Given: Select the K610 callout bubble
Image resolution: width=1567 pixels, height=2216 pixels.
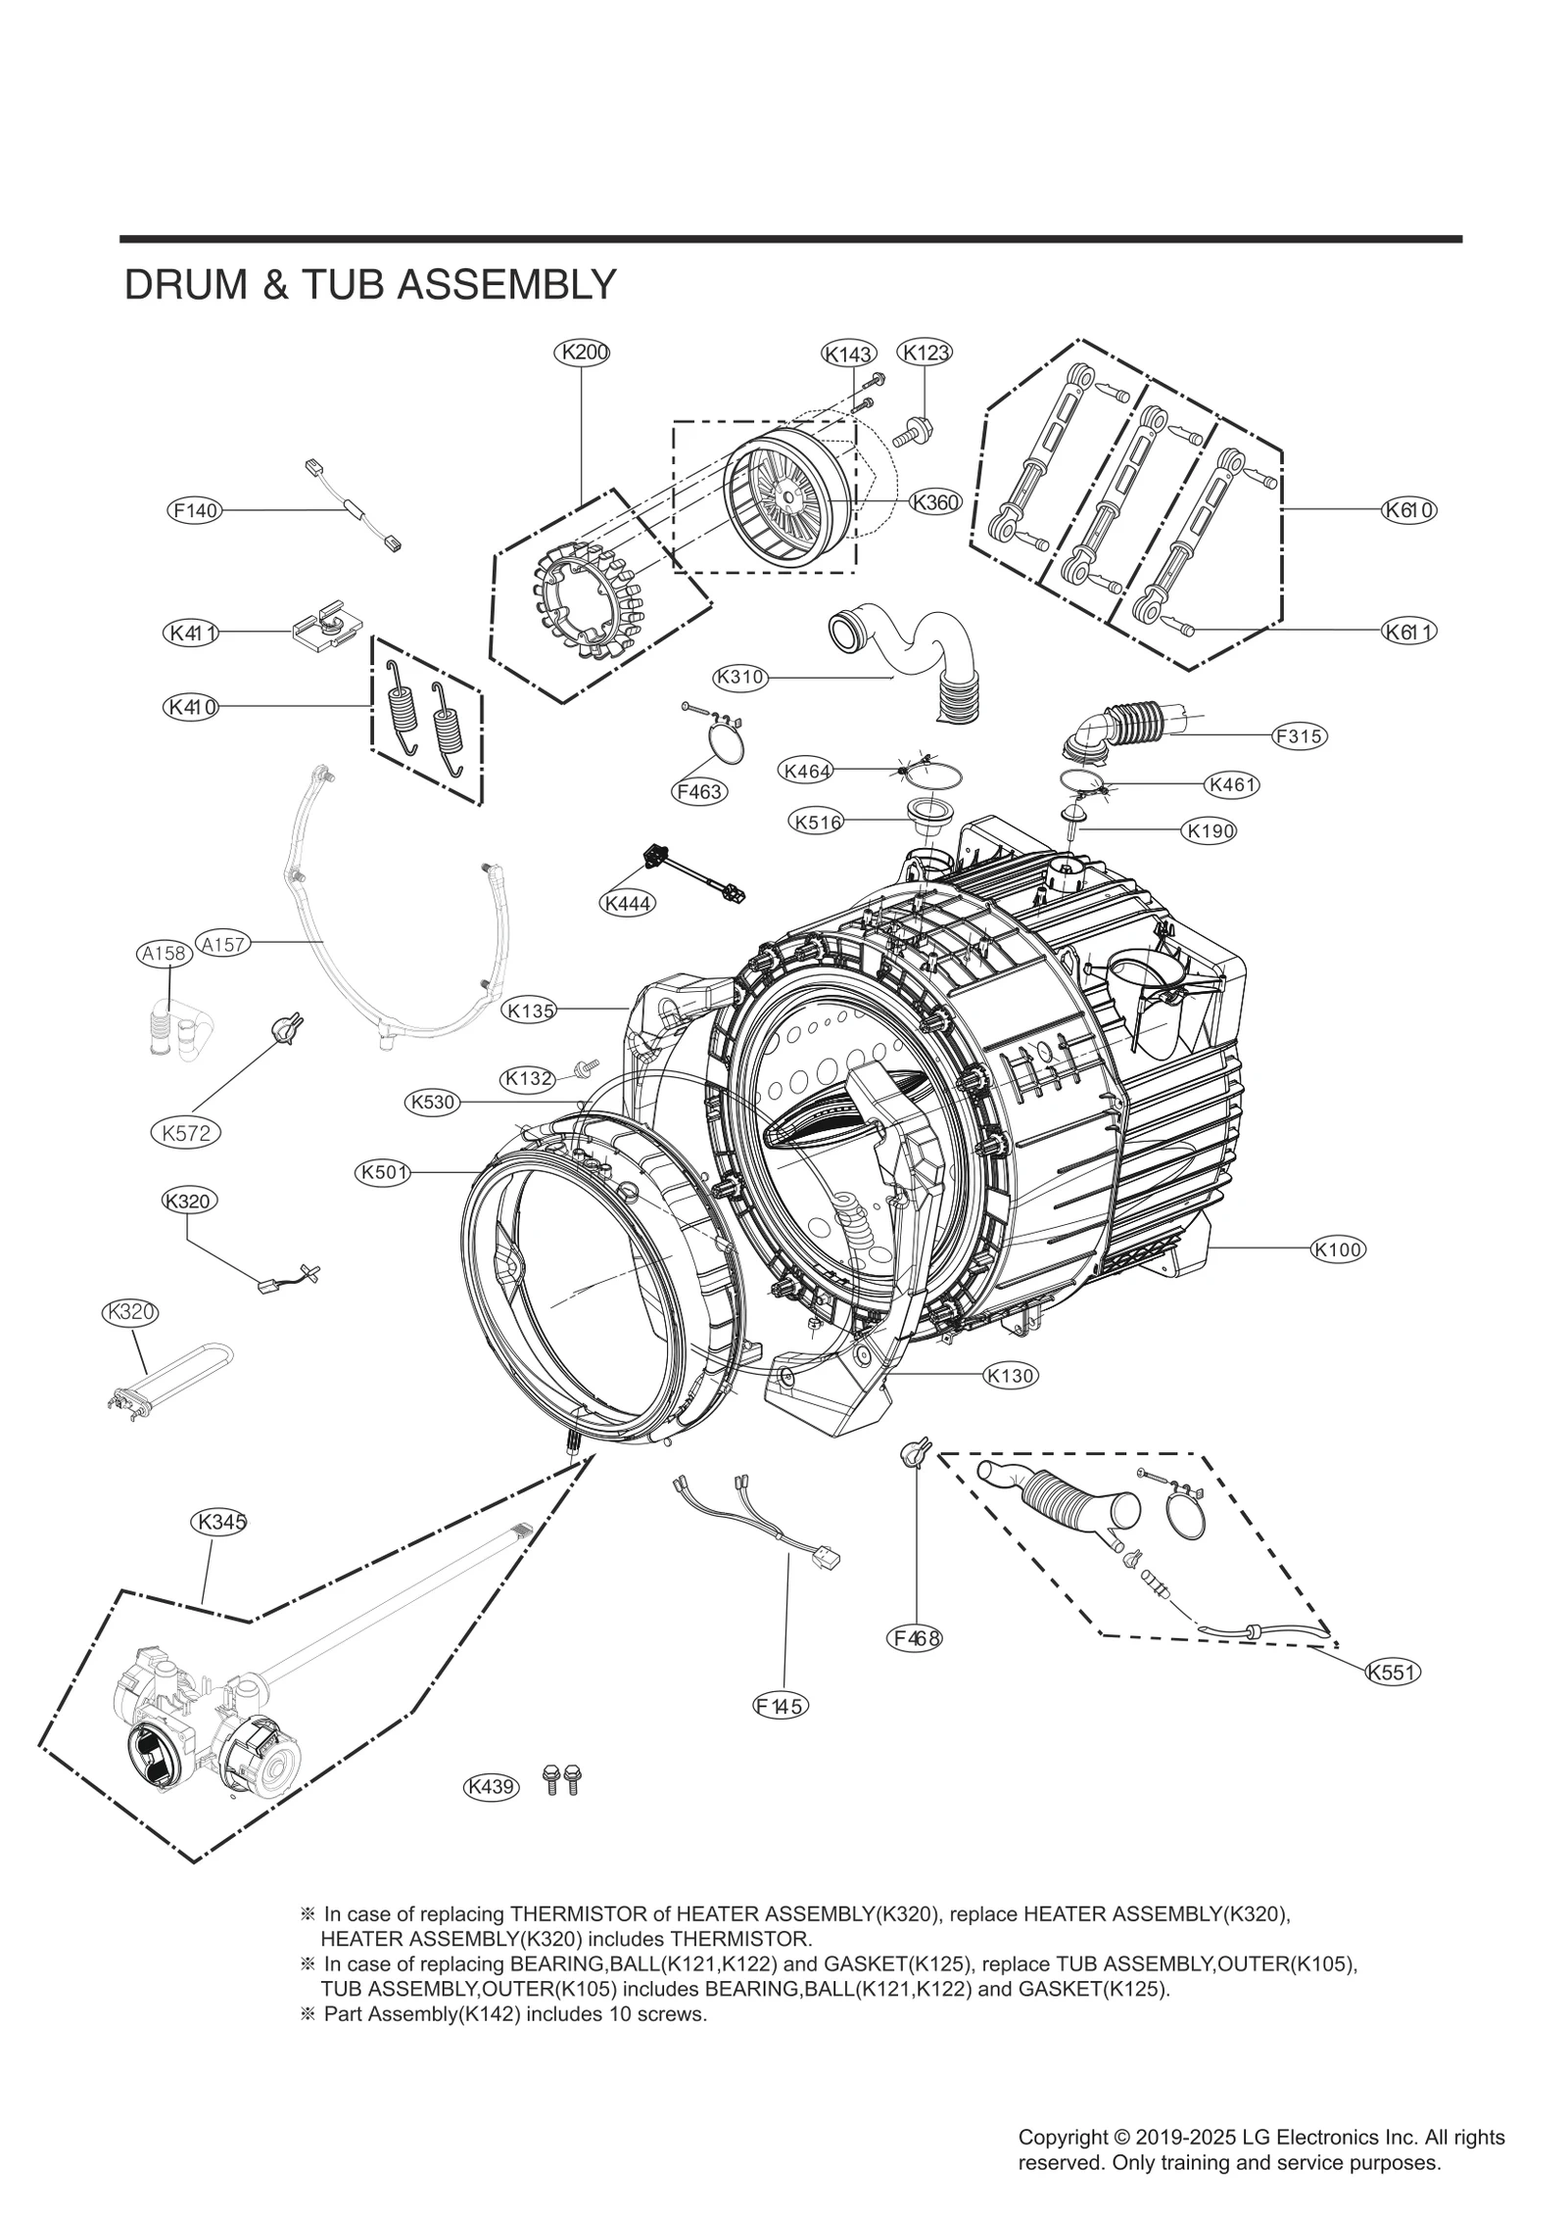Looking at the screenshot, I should pyautogui.click(x=1409, y=509).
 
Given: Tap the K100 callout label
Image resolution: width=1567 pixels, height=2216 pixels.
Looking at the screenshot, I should pyautogui.click(x=1338, y=1249).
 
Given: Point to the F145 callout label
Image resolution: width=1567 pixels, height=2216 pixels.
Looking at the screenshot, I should pyautogui.click(x=781, y=1707).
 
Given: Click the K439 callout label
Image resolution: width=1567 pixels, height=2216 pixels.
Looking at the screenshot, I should pyautogui.click(x=491, y=1787).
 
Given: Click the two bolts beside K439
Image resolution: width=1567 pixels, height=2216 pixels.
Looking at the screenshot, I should pyautogui.click(x=561, y=1779).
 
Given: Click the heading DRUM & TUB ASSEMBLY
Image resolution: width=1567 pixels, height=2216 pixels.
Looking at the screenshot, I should pyautogui.click(x=370, y=285).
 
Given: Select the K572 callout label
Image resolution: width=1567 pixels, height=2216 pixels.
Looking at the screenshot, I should pyautogui.click(x=186, y=1133).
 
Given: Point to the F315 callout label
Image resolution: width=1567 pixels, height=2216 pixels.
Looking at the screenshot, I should pyautogui.click(x=1299, y=736).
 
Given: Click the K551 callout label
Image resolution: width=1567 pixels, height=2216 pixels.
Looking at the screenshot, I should pyautogui.click(x=1392, y=1673).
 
